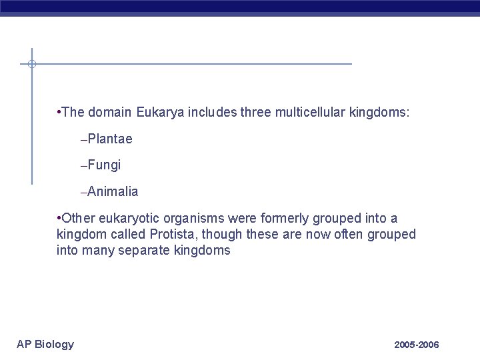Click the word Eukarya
point(157,112)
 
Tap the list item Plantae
point(109,139)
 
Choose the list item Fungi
point(103,165)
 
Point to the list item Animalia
point(112,191)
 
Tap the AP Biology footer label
point(45,344)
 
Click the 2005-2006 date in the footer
point(417,345)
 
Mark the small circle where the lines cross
point(31,64)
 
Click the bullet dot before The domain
point(59,112)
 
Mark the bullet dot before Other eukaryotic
point(59,218)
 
